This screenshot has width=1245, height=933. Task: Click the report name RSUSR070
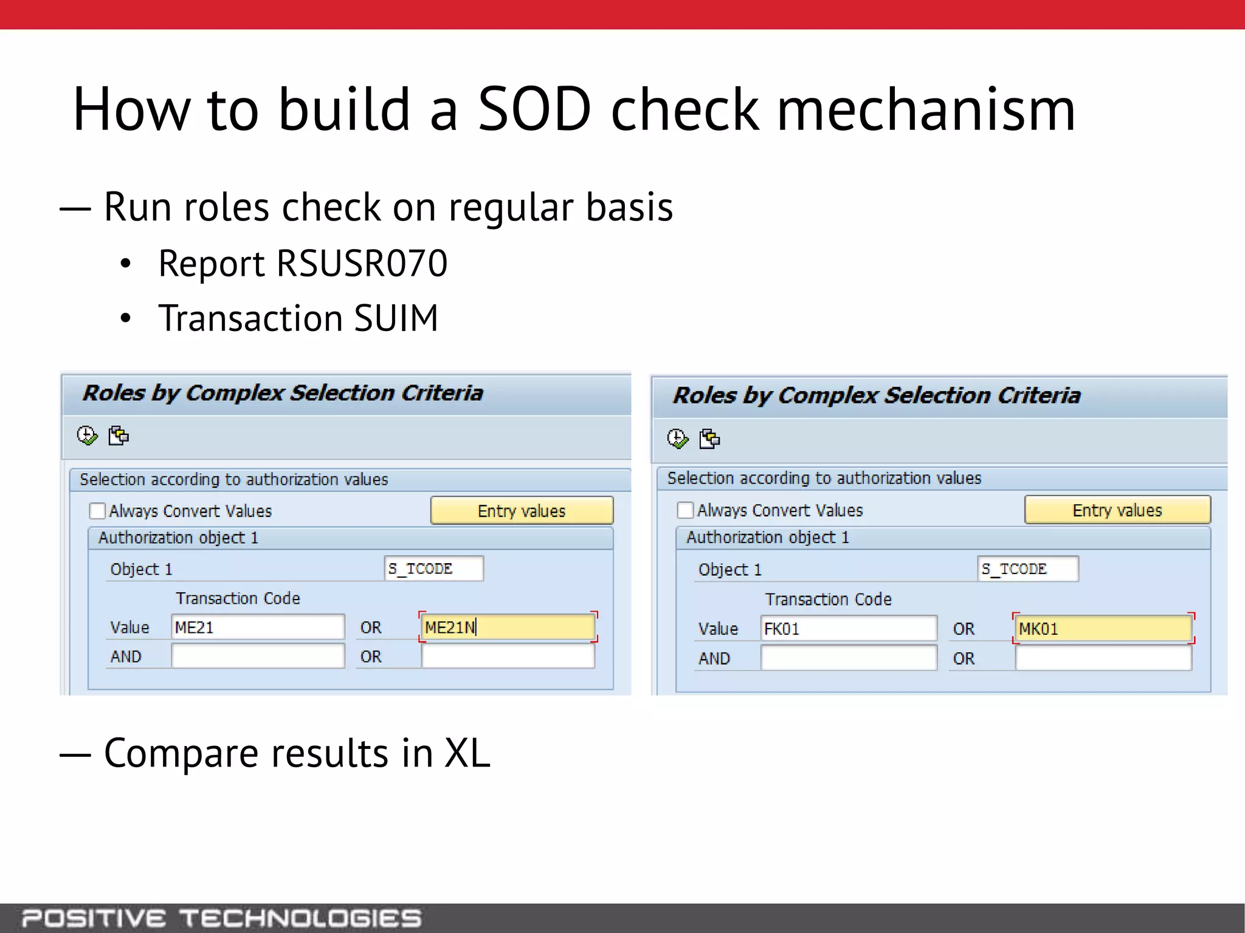[362, 264]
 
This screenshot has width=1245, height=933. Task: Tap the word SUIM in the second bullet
[395, 318]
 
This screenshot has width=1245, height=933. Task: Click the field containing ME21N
[507, 627]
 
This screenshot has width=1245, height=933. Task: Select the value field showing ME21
[258, 627]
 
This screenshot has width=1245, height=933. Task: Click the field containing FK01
[848, 628]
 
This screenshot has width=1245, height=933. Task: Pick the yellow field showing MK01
[1102, 628]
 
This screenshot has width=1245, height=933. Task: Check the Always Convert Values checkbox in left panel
[97, 511]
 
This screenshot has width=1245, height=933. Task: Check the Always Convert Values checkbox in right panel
[685, 510]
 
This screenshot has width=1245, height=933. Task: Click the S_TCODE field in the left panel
[434, 569]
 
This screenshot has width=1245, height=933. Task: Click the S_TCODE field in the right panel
[1028, 569]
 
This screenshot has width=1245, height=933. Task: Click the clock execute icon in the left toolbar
[87, 436]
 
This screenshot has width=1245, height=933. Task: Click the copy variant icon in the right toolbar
[709, 439]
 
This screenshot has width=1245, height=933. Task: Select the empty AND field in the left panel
[258, 656]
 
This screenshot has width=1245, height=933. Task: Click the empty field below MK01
[1102, 658]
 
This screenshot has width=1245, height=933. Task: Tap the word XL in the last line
[467, 753]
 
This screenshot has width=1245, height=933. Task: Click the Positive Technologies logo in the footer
[221, 918]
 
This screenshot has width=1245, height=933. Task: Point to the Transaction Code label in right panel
[828, 600]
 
